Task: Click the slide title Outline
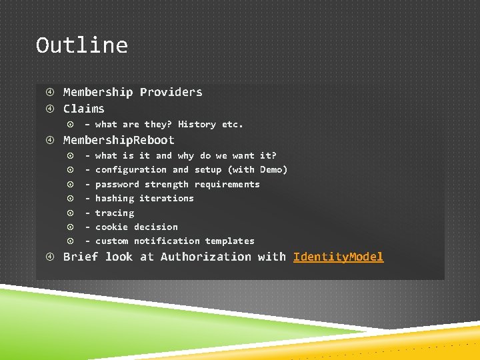pos(81,45)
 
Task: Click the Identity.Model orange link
pos(338,257)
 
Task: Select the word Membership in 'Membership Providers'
pos(98,92)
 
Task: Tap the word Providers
pos(171,92)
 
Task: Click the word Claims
pos(84,109)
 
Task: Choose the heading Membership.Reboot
pos(119,140)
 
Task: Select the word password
pos(117,184)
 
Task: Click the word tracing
pos(115,213)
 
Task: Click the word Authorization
pos(206,257)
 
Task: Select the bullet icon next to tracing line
pos(70,213)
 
